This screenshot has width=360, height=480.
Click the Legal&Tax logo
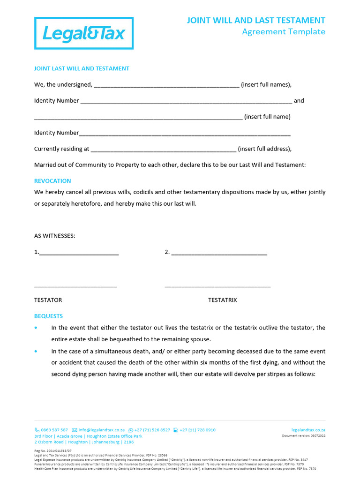[84, 33]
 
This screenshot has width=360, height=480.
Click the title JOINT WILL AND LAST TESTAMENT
[256, 20]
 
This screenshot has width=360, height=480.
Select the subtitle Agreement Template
[283, 32]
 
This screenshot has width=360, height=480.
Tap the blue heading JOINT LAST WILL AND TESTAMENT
[82, 68]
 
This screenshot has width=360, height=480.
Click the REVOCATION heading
[52, 181]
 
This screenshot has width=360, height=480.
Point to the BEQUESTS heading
[48, 316]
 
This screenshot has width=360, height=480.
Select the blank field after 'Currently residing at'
[163, 150]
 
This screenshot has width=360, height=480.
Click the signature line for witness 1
[79, 253]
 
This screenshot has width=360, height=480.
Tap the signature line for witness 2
[219, 253]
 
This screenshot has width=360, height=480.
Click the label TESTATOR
[48, 300]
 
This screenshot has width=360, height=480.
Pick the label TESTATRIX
[222, 300]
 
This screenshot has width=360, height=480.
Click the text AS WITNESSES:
[54, 236]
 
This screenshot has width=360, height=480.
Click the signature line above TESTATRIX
[217, 285]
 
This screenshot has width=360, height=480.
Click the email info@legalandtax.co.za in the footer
[101, 430]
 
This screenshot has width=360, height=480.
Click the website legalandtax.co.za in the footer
[308, 430]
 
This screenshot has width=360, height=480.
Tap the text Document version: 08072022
[303, 436]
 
